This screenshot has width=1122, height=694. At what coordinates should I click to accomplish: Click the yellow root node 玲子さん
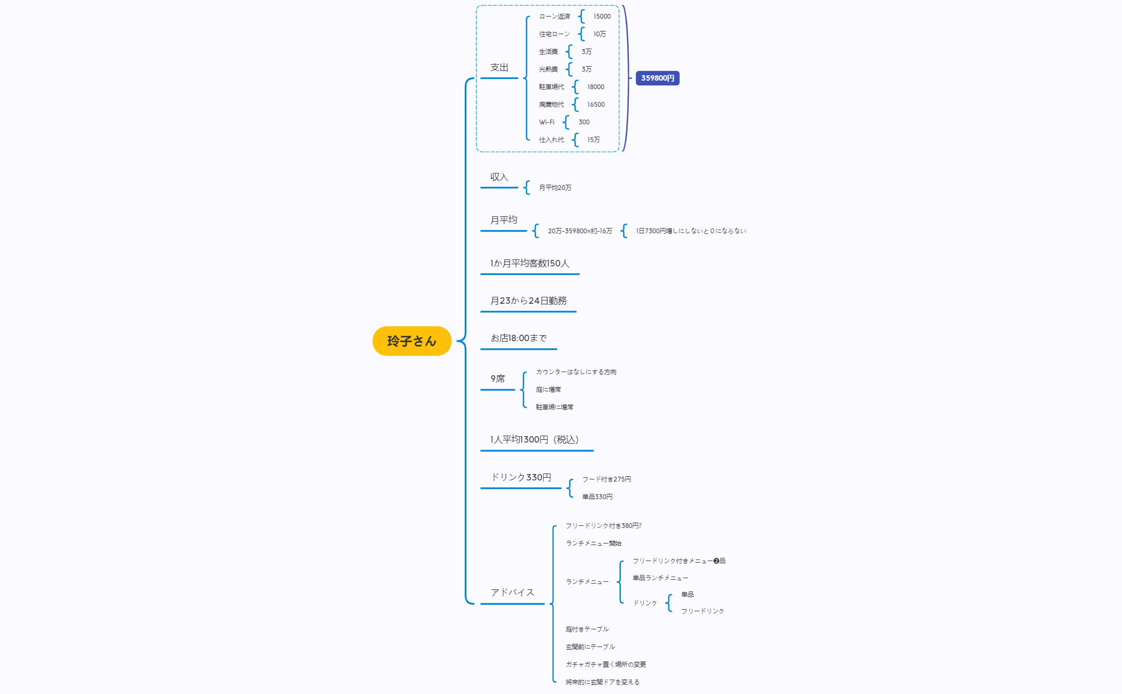coord(411,341)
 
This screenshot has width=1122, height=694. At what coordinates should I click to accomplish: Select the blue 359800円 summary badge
coord(657,78)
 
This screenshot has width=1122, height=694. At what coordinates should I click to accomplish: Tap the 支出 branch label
coord(499,68)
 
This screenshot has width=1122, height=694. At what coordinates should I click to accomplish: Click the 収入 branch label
coord(499,177)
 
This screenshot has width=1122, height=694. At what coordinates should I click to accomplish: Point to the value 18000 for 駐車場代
coord(595,87)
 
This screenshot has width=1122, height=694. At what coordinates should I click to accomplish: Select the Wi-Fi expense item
coord(547,122)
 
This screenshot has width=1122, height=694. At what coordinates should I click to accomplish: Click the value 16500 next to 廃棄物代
coord(596,105)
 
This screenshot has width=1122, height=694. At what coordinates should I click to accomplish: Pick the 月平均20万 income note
coord(555,188)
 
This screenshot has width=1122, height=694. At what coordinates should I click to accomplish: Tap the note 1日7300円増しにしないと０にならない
coord(690,231)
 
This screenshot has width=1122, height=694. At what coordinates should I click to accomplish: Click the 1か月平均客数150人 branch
coord(529,263)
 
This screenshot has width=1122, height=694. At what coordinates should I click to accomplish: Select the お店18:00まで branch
coord(518,338)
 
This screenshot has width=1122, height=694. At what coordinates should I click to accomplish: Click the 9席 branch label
coord(497,379)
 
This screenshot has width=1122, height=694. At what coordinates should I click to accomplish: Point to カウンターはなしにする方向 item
coord(576,372)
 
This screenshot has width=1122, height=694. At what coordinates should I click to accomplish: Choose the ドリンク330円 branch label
coord(521,477)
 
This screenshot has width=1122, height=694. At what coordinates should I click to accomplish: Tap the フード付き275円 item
coord(606,479)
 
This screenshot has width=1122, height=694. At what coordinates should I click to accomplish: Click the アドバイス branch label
coord(512,593)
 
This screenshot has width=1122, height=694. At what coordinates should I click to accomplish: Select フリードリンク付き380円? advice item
coord(603,526)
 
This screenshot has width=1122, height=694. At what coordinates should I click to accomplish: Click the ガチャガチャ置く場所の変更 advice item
coord(606,665)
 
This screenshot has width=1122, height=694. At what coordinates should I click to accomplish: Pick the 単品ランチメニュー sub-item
coord(660,578)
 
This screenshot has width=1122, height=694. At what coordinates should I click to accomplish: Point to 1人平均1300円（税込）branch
coord(534,440)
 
